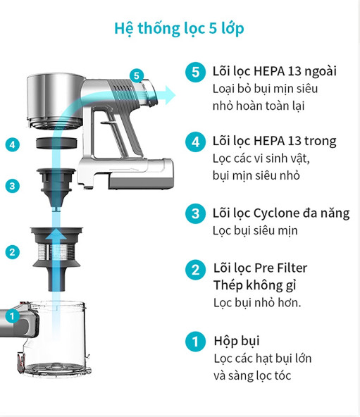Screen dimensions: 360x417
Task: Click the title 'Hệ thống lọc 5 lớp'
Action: [179, 28]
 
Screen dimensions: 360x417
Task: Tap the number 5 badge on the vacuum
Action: [137, 75]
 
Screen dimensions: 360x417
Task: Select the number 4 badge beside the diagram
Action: [12, 145]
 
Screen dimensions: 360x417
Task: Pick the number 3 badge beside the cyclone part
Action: [12, 186]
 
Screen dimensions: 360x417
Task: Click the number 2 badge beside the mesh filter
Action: [12, 252]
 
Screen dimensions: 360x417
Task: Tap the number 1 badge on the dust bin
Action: [12, 316]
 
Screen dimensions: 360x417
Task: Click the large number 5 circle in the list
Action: [196, 72]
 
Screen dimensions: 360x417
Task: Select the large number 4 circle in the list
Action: [196, 142]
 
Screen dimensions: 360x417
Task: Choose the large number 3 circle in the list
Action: [196, 213]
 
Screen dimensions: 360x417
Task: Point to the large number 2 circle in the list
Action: [196, 270]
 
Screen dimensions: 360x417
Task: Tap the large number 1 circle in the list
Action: [196, 342]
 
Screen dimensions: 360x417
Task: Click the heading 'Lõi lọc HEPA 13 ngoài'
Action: [275, 71]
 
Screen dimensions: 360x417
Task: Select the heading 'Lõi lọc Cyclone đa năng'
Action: [281, 213]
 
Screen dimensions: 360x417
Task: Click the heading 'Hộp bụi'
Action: [237, 341]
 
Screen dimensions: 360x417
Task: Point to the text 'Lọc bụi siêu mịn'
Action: [255, 230]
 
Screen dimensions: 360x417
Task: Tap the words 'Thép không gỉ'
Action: [255, 285]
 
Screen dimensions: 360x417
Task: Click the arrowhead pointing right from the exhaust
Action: [170, 95]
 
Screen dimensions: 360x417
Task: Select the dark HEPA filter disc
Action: [56, 143]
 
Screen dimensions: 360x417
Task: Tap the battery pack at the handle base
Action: [141, 174]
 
